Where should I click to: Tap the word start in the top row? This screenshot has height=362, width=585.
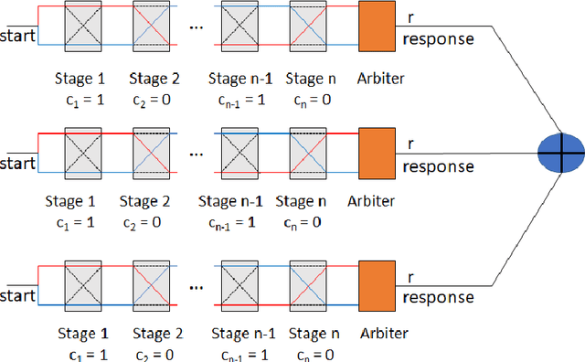pyautogui.click(x=17, y=37)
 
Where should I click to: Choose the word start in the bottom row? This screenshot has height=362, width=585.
pyautogui.click(x=17, y=296)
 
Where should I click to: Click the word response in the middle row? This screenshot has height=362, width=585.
pyautogui.click(x=438, y=167)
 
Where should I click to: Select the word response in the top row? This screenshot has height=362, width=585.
pyautogui.click(x=438, y=39)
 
